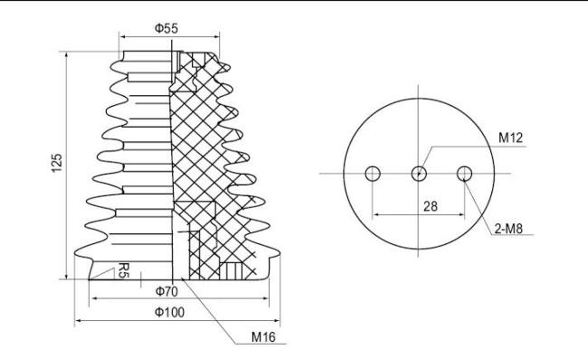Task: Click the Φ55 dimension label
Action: click(166, 28)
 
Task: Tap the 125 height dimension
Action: click(57, 163)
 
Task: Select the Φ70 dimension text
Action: click(166, 291)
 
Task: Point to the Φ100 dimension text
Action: click(169, 312)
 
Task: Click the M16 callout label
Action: click(263, 336)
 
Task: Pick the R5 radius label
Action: click(124, 270)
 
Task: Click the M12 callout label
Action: click(510, 137)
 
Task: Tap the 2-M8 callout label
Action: click(508, 228)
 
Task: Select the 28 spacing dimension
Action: click(430, 206)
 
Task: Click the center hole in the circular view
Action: click(419, 174)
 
